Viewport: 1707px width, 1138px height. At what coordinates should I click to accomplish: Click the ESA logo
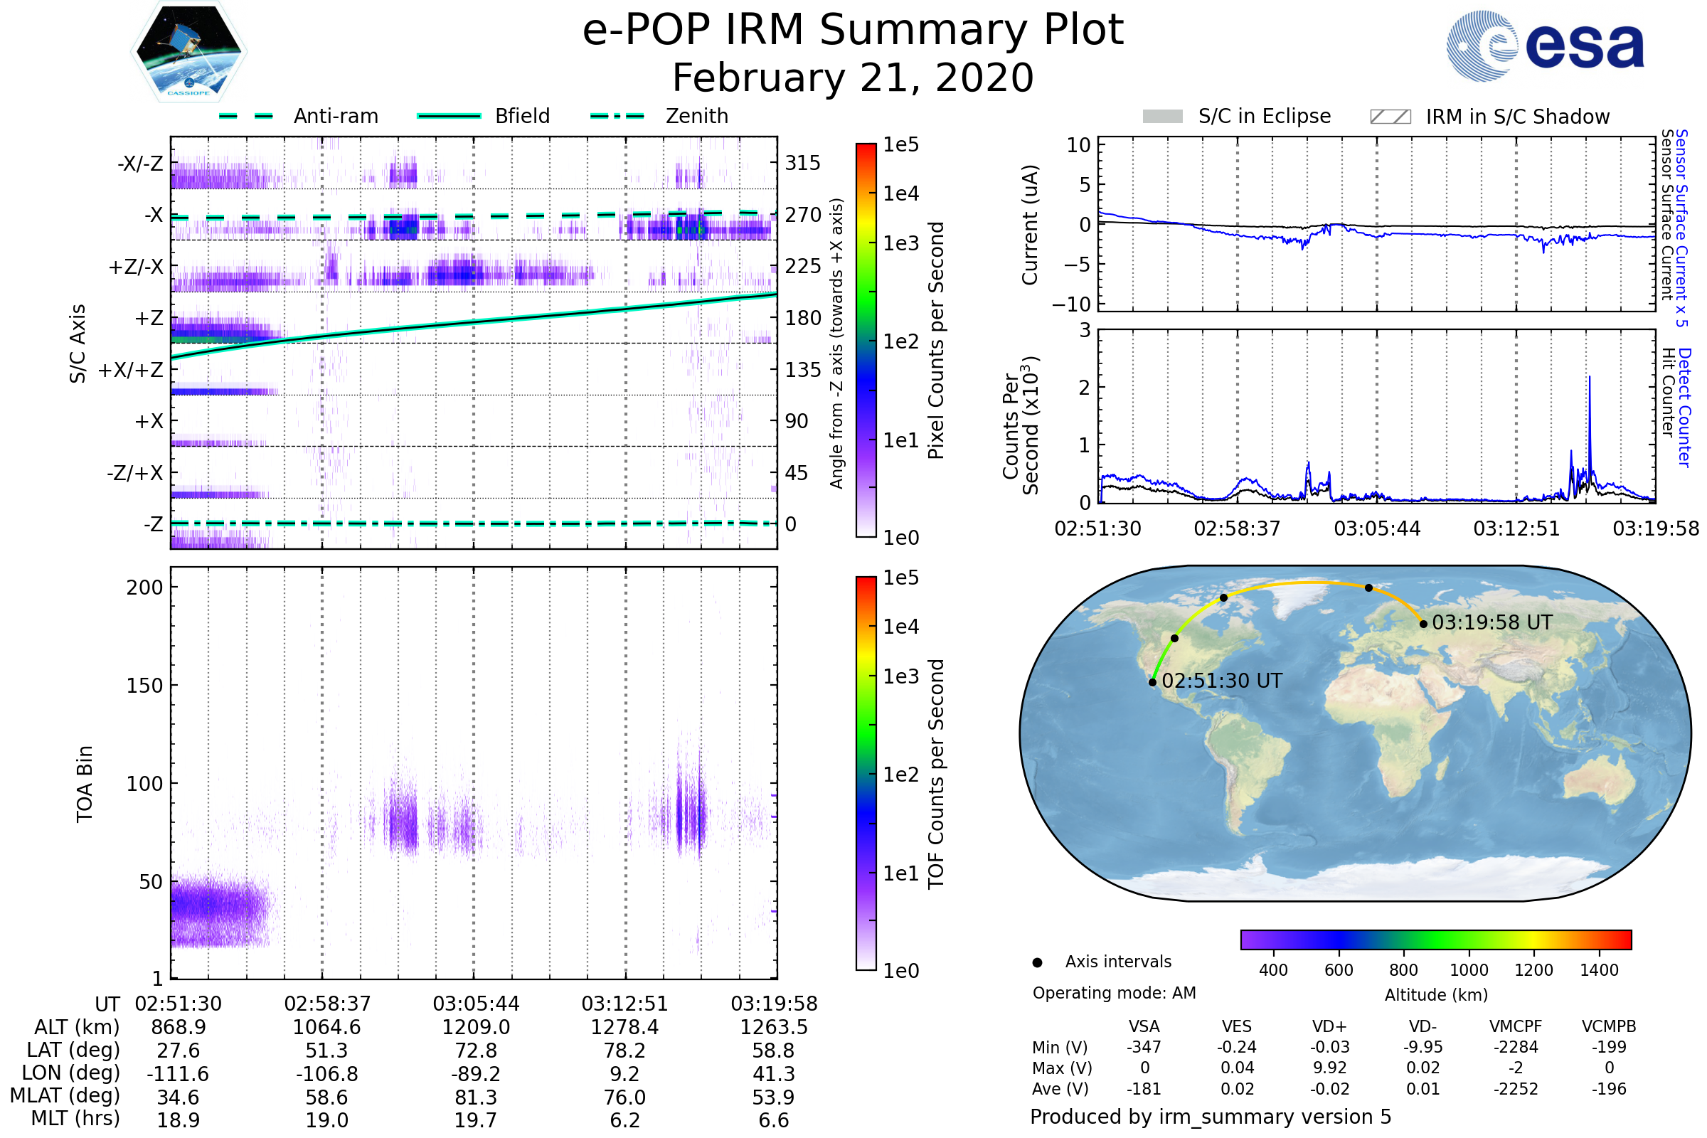(x=1545, y=46)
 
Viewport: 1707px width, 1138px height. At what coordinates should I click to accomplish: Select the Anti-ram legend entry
(x=335, y=116)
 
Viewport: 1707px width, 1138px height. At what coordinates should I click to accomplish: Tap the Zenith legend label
(x=697, y=116)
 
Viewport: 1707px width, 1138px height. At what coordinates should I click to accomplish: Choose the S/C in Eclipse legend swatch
(x=1163, y=117)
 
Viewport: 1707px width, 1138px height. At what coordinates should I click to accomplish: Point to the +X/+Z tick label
(x=131, y=370)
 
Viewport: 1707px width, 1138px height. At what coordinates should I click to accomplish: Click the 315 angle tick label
(x=802, y=163)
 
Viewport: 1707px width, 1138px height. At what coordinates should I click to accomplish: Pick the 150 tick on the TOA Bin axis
(x=144, y=686)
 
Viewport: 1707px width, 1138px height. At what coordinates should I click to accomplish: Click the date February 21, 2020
(x=853, y=78)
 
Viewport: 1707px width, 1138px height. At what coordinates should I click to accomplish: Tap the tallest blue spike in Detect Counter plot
(x=1590, y=378)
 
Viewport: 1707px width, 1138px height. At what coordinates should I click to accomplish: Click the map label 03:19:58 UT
(x=1492, y=623)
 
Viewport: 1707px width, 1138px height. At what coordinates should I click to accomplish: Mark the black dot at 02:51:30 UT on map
(x=1152, y=682)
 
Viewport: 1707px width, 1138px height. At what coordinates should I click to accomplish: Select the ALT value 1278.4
(x=624, y=1027)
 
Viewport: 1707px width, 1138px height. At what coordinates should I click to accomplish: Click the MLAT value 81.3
(x=475, y=1097)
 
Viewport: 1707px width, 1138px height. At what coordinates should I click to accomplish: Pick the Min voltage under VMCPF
(x=1516, y=1047)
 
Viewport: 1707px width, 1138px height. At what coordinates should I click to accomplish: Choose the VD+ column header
(x=1329, y=1026)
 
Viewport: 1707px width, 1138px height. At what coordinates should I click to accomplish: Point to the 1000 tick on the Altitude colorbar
(x=1469, y=970)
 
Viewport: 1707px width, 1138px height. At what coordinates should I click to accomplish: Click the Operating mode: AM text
(x=1114, y=993)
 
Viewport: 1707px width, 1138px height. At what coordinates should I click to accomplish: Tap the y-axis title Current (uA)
(x=1030, y=225)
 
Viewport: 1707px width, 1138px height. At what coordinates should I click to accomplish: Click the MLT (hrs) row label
(x=75, y=1118)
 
